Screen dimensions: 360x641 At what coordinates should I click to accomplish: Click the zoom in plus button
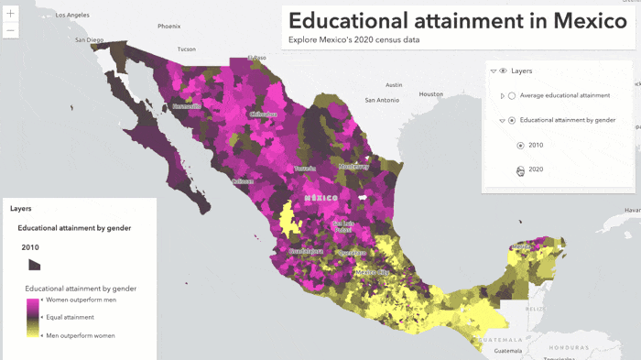point(11,14)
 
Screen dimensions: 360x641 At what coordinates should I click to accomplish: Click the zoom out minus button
point(11,31)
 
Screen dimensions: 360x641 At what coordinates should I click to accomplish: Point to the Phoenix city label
point(168,26)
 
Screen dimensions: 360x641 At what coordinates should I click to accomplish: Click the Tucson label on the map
point(187,49)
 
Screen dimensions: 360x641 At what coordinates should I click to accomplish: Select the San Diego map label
point(90,40)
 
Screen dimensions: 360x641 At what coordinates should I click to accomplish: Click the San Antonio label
point(381,99)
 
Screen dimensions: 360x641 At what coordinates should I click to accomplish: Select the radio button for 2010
point(521,145)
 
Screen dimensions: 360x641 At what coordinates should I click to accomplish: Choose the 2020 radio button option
point(521,169)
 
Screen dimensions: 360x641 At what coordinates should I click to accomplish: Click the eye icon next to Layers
point(503,71)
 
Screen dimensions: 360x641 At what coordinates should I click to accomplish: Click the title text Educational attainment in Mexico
point(458,21)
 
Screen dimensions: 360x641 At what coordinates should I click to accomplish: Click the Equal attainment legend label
point(71,317)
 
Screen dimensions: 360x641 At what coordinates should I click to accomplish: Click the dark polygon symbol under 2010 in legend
point(34,264)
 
